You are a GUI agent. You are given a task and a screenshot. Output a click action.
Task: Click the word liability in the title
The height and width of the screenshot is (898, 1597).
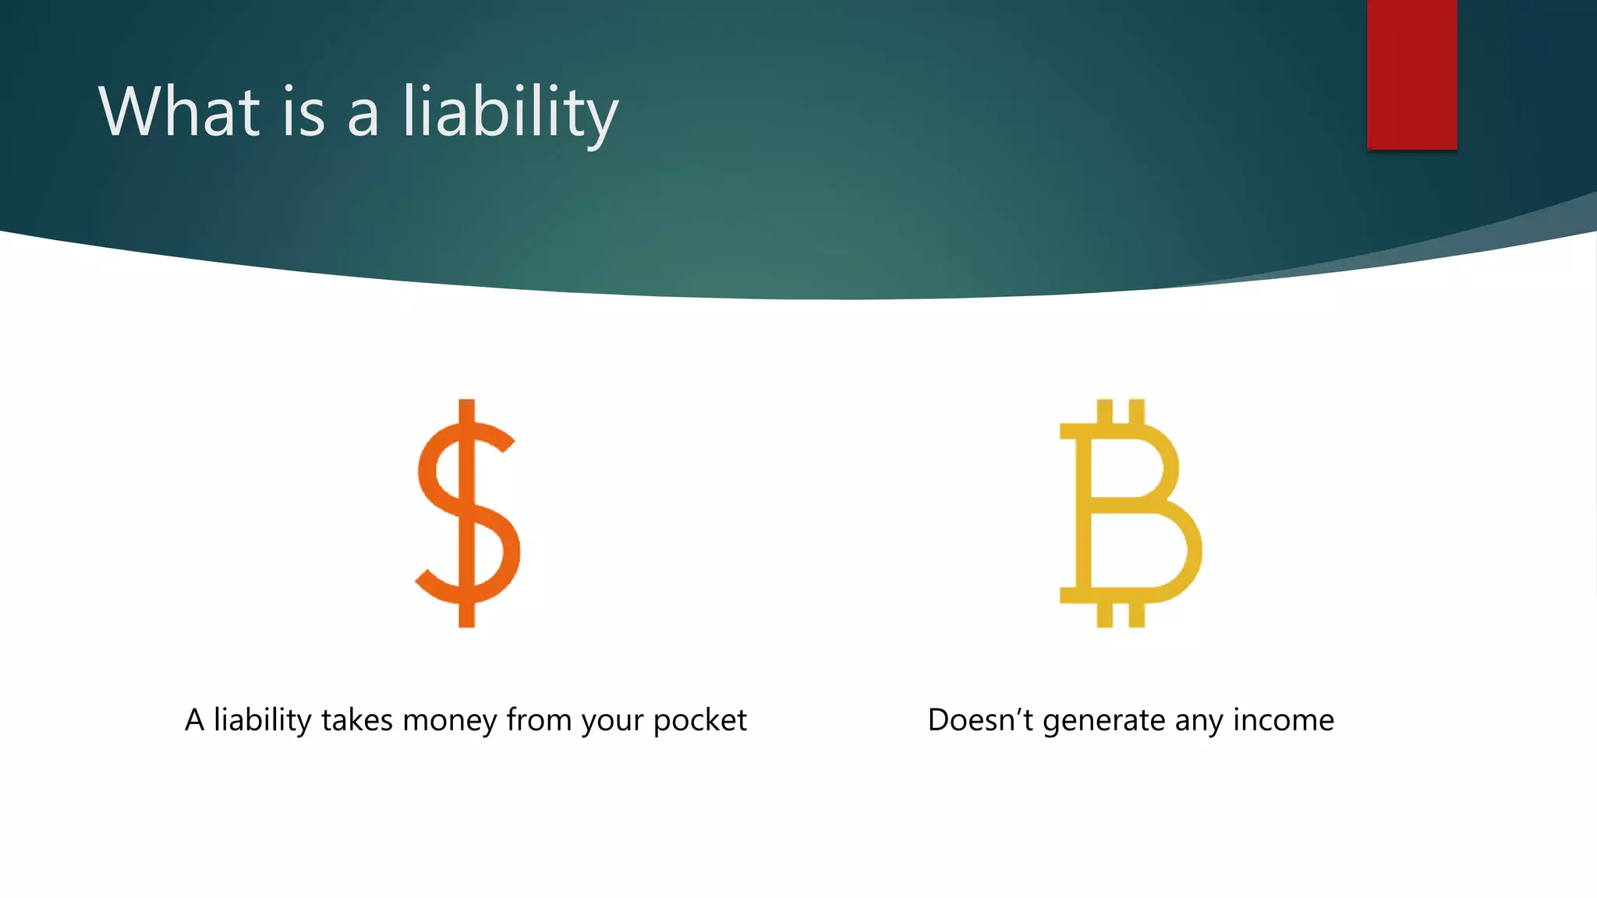tap(510, 113)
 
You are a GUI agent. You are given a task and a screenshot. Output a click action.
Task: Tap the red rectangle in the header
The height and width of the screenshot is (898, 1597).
tap(1411, 74)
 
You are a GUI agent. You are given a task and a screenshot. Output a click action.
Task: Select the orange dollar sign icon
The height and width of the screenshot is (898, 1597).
tap(467, 513)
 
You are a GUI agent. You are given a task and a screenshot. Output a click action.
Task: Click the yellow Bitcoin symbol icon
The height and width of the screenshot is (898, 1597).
tap(1130, 513)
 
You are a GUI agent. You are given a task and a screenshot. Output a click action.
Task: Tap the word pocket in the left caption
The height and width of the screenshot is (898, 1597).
tap(699, 721)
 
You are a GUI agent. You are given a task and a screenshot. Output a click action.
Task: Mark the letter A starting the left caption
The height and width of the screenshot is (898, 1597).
tap(194, 719)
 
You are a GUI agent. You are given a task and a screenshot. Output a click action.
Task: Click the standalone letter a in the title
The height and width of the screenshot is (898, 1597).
tap(363, 117)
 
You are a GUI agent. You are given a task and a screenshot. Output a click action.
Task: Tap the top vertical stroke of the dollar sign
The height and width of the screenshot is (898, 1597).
tap(467, 411)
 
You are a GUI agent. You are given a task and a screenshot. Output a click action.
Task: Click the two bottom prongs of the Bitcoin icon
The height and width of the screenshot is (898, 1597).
tap(1121, 615)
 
